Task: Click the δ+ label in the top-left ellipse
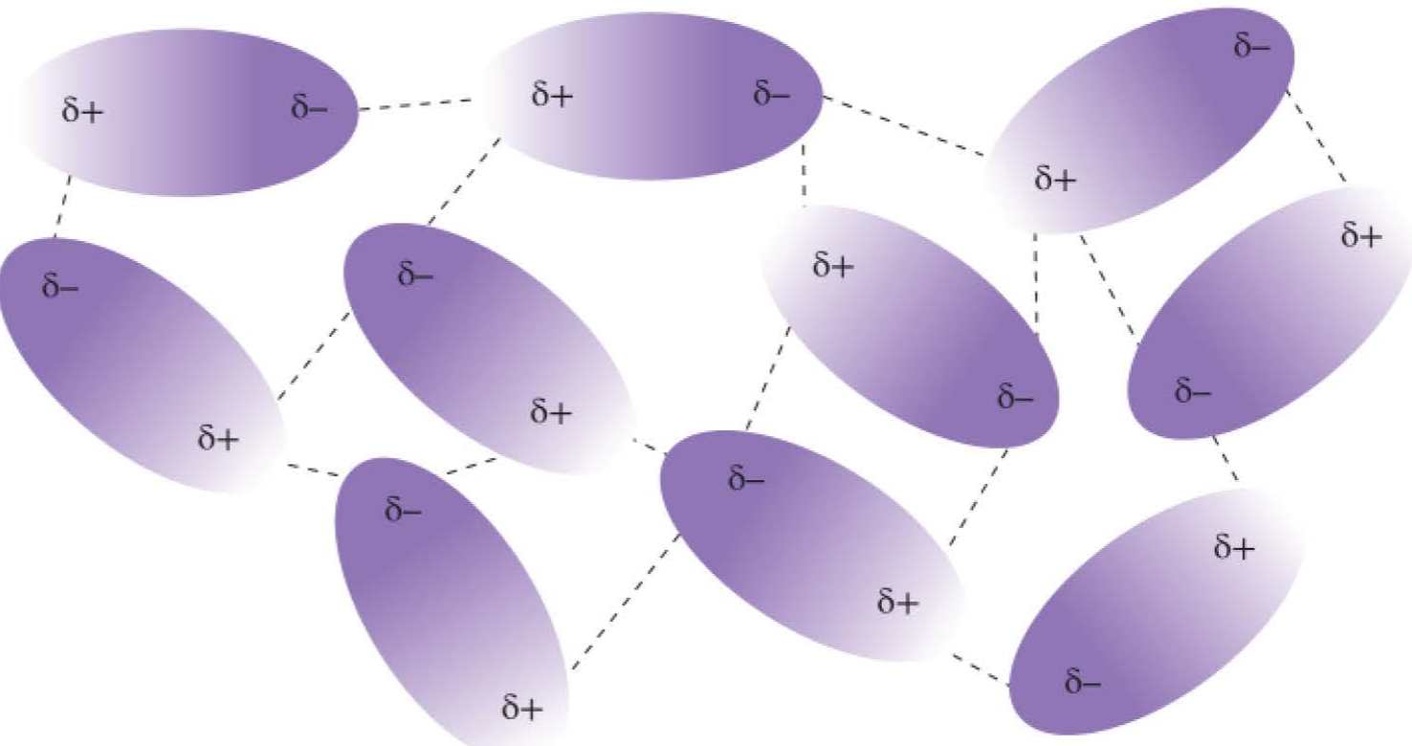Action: pos(82,110)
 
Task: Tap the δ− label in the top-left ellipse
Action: pos(309,106)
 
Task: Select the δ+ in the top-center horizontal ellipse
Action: pos(552,94)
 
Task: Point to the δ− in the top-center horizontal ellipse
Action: pos(772,94)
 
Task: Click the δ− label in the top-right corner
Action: pos(1252,46)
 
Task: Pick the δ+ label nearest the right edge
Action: pos(1361,234)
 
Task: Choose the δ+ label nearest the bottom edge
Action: pos(522,707)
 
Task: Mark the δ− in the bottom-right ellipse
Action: pos(1083,682)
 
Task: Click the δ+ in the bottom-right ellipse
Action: pos(1234,546)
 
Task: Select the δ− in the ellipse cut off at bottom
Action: pos(403,509)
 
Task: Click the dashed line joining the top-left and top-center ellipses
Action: pos(415,104)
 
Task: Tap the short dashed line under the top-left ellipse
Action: pos(62,207)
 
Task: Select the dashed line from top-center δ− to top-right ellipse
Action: pos(903,125)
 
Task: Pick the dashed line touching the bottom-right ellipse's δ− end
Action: pos(981,669)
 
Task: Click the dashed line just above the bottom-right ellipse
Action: pos(1225,458)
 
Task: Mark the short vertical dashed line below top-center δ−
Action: pos(804,175)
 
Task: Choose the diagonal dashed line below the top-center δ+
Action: pos(464,181)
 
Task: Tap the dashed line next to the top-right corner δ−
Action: pos(1315,136)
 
